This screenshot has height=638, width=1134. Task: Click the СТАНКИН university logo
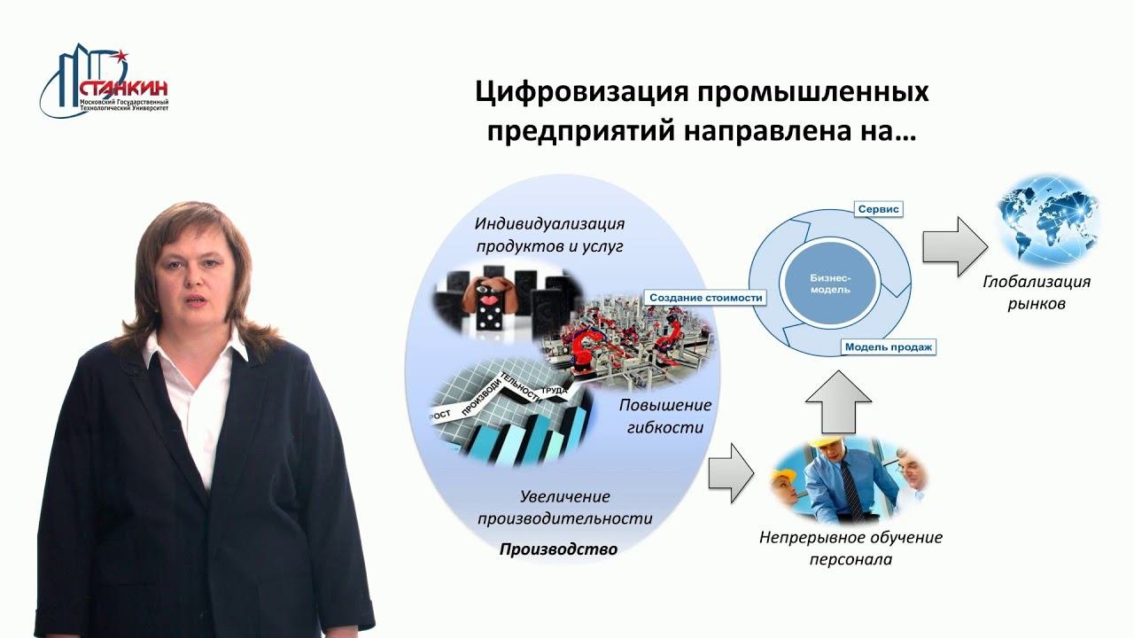point(105,82)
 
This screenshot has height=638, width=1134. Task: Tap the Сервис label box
point(878,209)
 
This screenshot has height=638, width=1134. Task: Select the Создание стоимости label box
point(705,298)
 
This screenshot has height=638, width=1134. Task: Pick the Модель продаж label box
point(888,346)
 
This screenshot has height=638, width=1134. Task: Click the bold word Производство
point(558,549)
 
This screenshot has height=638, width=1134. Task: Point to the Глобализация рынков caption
point(1036,292)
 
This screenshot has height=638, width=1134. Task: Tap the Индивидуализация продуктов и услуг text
point(549,234)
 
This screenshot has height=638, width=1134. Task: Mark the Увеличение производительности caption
point(564,507)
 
